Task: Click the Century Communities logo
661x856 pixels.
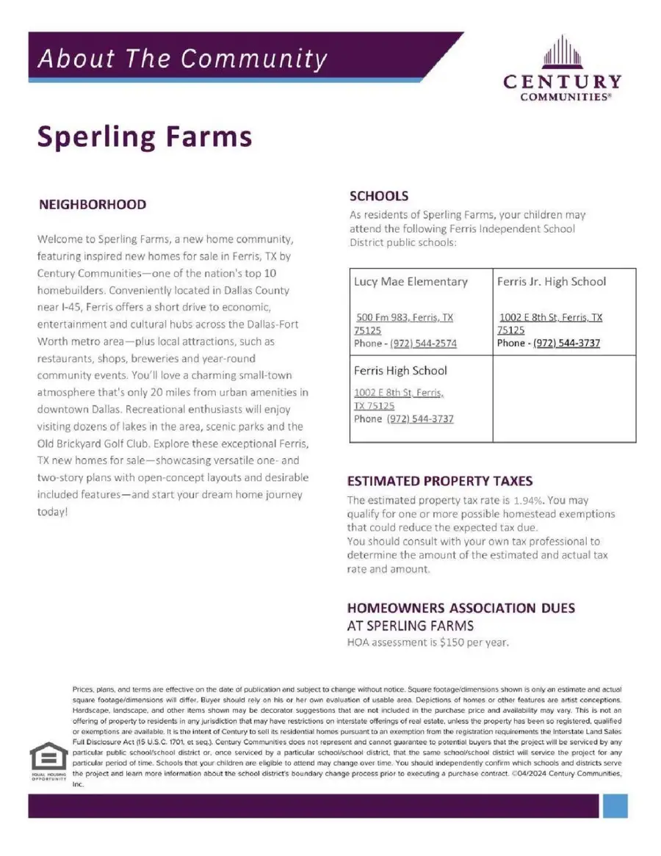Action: [562, 70]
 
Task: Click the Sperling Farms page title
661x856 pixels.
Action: [145, 137]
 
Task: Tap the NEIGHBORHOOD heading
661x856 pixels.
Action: [92, 205]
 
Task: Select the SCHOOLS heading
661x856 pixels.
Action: [378, 196]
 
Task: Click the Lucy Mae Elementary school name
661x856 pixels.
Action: [411, 281]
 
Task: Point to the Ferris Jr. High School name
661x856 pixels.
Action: [552, 281]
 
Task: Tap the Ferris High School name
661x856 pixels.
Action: [400, 371]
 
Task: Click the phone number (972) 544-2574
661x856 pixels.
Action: [423, 344]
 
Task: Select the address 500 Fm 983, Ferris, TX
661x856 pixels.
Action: [404, 318]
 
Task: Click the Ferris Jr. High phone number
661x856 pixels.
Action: [566, 343]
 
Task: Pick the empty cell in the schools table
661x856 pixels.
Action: [563, 399]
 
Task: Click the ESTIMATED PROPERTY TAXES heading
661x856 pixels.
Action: [439, 481]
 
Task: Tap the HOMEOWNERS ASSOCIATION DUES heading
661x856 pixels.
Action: [460, 608]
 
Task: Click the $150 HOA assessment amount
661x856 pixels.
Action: [452, 642]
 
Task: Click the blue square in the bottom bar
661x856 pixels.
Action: [615, 805]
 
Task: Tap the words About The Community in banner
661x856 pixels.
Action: [182, 58]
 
